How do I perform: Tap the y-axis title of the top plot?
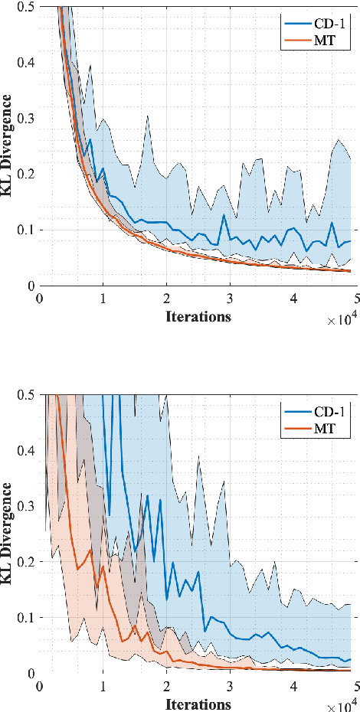[8, 143]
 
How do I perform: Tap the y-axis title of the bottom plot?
[8, 531]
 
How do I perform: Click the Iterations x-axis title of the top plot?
[198, 315]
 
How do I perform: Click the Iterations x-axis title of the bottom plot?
[198, 703]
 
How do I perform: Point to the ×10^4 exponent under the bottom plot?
[340, 706]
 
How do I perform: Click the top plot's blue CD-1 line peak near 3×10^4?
[224, 215]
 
